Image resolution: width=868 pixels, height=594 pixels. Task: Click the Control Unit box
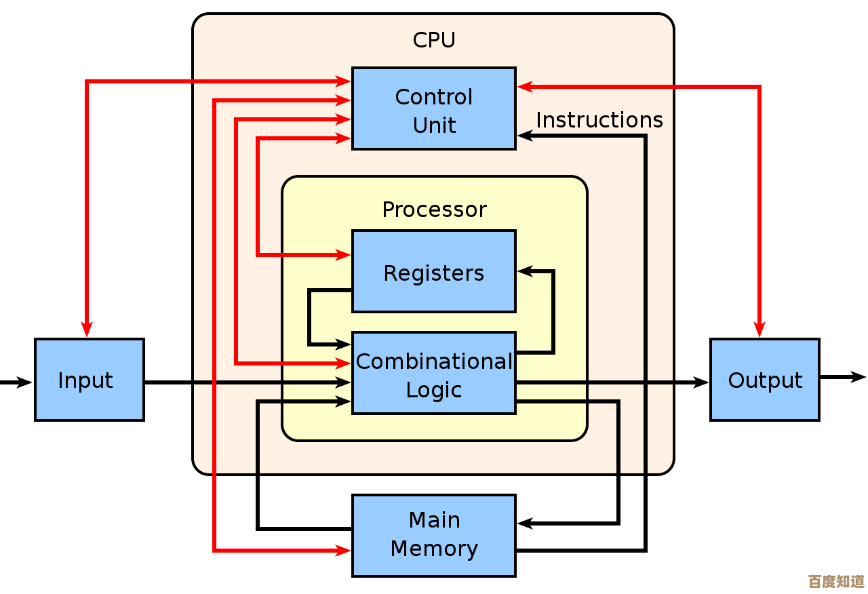[x=433, y=108]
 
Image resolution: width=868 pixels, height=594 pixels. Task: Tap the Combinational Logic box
[x=433, y=373]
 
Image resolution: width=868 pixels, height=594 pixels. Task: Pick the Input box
[x=90, y=380]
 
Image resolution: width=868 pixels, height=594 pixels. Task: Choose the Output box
[x=765, y=380]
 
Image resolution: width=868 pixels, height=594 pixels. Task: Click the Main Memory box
[x=434, y=536]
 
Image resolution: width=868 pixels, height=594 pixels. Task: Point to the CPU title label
[x=434, y=41]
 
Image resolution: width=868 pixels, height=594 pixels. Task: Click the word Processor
[x=434, y=210]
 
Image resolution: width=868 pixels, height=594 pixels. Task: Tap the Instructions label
[x=599, y=120]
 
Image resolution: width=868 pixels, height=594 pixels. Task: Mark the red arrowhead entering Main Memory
[x=344, y=551]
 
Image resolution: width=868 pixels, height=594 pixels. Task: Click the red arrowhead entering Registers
[x=344, y=255]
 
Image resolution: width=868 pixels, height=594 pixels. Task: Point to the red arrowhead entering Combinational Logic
[x=344, y=363]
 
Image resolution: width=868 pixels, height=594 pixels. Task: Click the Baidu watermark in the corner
[x=836, y=581]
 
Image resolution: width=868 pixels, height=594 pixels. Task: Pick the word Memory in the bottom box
[x=434, y=549]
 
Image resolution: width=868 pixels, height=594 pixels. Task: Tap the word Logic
[x=434, y=390]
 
